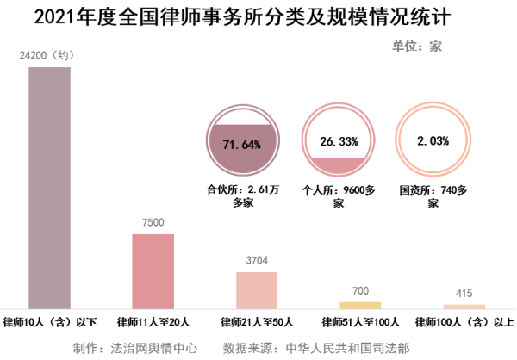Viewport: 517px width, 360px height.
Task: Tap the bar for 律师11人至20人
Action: pos(153,270)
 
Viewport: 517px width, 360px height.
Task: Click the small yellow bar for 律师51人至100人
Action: pos(360,305)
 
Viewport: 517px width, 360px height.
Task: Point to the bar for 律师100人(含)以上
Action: pos(464,306)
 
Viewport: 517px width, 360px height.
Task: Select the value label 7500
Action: pos(153,222)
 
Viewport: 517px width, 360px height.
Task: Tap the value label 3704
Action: pos(257,260)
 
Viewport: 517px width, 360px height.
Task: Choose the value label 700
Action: pos(360,290)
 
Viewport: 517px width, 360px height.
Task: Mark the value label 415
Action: pos(464,293)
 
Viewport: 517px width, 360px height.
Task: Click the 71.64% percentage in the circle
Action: pos(241,144)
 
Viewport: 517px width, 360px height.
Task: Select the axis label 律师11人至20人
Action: pos(153,323)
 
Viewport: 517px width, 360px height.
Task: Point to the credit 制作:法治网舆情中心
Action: pos(136,349)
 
